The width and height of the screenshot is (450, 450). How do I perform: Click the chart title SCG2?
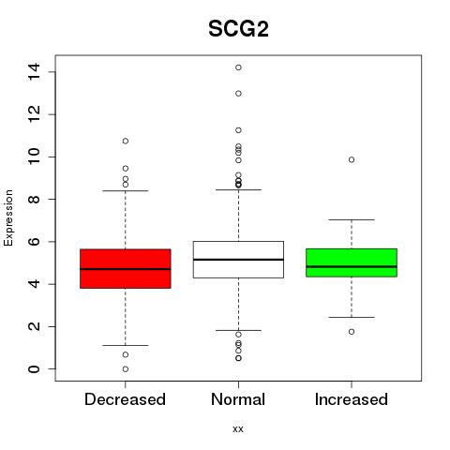click(x=238, y=29)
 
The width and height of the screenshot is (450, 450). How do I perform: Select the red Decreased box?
click(x=126, y=268)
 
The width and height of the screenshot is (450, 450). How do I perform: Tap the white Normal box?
click(x=238, y=260)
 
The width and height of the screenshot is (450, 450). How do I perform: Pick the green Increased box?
click(x=352, y=262)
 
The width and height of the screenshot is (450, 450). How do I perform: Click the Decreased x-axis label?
click(x=125, y=399)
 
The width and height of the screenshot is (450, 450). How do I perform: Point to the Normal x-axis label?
click(x=238, y=399)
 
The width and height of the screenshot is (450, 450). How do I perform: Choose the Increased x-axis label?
click(x=352, y=399)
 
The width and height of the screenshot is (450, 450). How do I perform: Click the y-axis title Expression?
click(x=8, y=217)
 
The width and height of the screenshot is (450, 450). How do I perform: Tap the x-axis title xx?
click(x=238, y=428)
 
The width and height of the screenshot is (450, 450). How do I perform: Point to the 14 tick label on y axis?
click(x=34, y=72)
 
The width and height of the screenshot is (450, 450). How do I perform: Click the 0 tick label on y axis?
click(x=34, y=369)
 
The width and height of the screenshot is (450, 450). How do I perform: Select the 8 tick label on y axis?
click(x=34, y=200)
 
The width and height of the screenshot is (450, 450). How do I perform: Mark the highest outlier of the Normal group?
click(x=238, y=67)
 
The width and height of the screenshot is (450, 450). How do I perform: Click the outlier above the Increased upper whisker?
click(x=352, y=160)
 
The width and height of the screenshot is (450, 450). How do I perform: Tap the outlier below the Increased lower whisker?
click(x=352, y=332)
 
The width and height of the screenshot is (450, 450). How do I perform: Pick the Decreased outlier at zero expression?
click(x=126, y=369)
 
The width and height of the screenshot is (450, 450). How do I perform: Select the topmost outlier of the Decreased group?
click(x=126, y=142)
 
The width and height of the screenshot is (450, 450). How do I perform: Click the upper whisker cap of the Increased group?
click(x=352, y=219)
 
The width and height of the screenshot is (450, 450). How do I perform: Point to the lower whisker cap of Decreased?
click(x=126, y=345)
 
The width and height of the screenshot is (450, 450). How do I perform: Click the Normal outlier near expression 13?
click(x=238, y=94)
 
